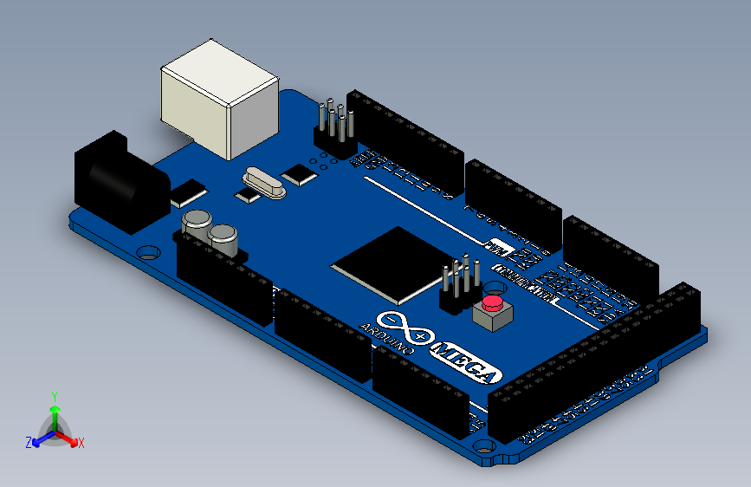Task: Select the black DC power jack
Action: coord(118,182)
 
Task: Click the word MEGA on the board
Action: coord(467,364)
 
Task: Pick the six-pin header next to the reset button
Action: coord(459,285)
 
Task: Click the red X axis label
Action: coord(81,443)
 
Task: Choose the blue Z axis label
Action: coord(28,443)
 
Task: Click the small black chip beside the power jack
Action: coord(189,192)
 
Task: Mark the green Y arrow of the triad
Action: coord(55,412)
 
